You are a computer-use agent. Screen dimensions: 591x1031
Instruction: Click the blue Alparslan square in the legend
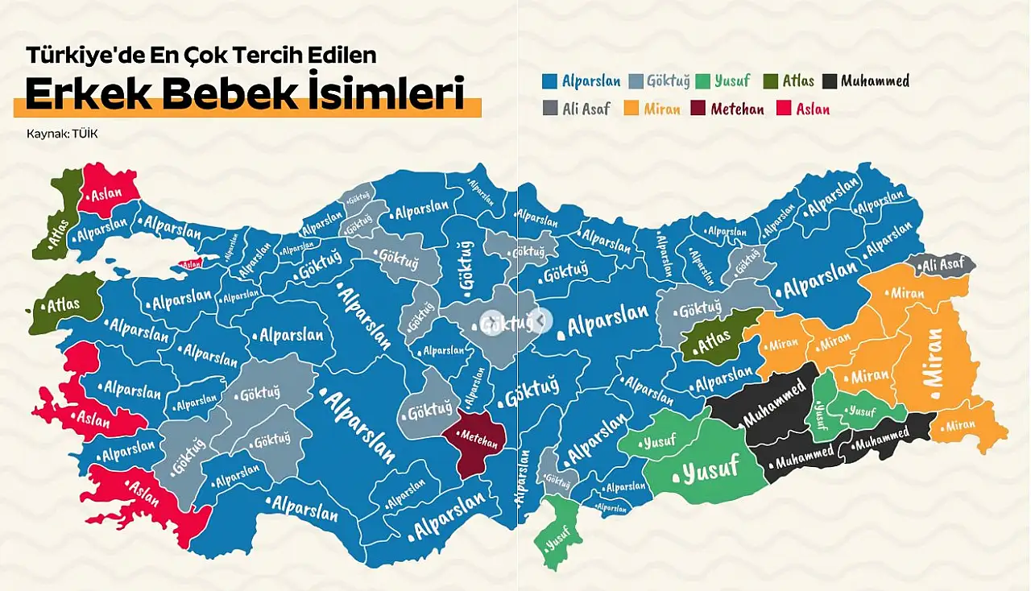(x=551, y=81)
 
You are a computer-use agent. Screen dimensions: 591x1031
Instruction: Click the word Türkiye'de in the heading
(x=77, y=56)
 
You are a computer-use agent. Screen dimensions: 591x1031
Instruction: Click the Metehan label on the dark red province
(x=481, y=436)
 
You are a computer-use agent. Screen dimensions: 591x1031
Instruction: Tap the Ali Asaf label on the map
(x=943, y=264)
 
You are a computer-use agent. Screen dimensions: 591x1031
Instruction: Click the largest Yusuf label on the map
(x=710, y=470)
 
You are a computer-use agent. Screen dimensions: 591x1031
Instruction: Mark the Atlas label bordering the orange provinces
(x=713, y=343)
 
